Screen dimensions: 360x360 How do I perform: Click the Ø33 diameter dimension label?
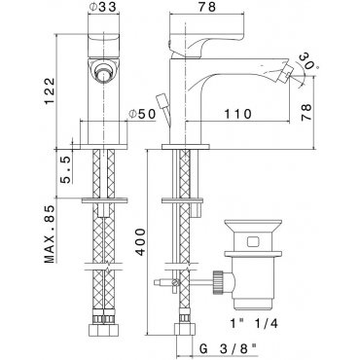[102, 8]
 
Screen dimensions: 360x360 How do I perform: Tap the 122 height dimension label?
[49, 91]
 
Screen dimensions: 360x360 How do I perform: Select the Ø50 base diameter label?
[142, 114]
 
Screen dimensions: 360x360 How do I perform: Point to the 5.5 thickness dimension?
[65, 169]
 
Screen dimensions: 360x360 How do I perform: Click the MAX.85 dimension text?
[49, 234]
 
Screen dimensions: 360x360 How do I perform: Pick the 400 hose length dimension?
[140, 241]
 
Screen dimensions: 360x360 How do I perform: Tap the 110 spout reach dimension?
[237, 114]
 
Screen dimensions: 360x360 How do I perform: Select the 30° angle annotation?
[308, 61]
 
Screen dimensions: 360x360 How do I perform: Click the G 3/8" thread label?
[228, 349]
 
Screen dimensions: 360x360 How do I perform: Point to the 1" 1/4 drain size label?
[254, 323]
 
